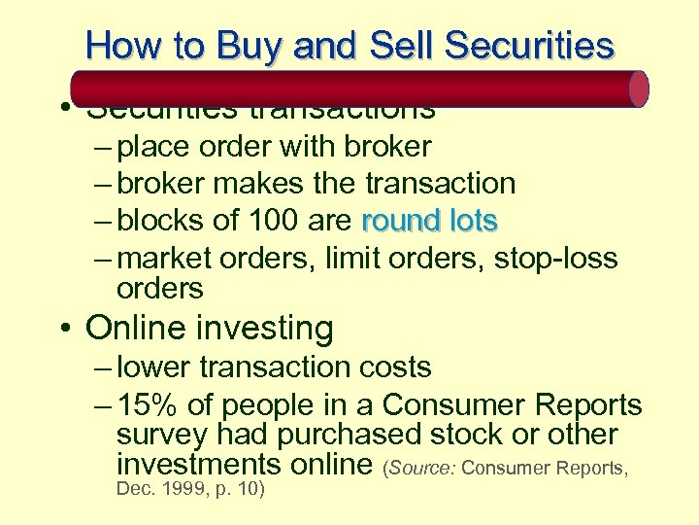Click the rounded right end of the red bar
pos(638,88)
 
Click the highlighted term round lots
pos(429,221)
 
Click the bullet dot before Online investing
pos(64,329)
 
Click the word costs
pos(391,367)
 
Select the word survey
pos(161,436)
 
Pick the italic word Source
pos(422,468)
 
